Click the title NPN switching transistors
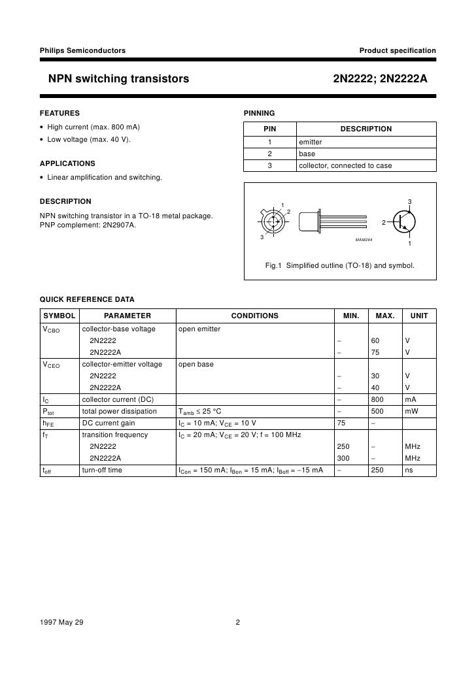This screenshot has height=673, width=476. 118,79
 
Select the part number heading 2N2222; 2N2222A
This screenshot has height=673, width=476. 380,79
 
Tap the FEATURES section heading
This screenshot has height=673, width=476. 59,113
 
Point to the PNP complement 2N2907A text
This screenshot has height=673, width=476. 88,226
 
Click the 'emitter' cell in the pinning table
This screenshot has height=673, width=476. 311,142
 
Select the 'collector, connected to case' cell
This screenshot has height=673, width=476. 345,165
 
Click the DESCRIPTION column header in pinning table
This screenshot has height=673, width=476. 365,129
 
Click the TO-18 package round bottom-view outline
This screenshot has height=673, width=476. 274,220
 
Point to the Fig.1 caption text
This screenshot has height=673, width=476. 339,266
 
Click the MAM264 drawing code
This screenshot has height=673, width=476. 364,240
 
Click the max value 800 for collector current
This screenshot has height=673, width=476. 377,399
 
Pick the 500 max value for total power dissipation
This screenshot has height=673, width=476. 377,411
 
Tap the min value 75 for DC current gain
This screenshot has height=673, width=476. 341,423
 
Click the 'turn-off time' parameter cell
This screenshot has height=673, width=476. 102,470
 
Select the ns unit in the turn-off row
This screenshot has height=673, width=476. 409,470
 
